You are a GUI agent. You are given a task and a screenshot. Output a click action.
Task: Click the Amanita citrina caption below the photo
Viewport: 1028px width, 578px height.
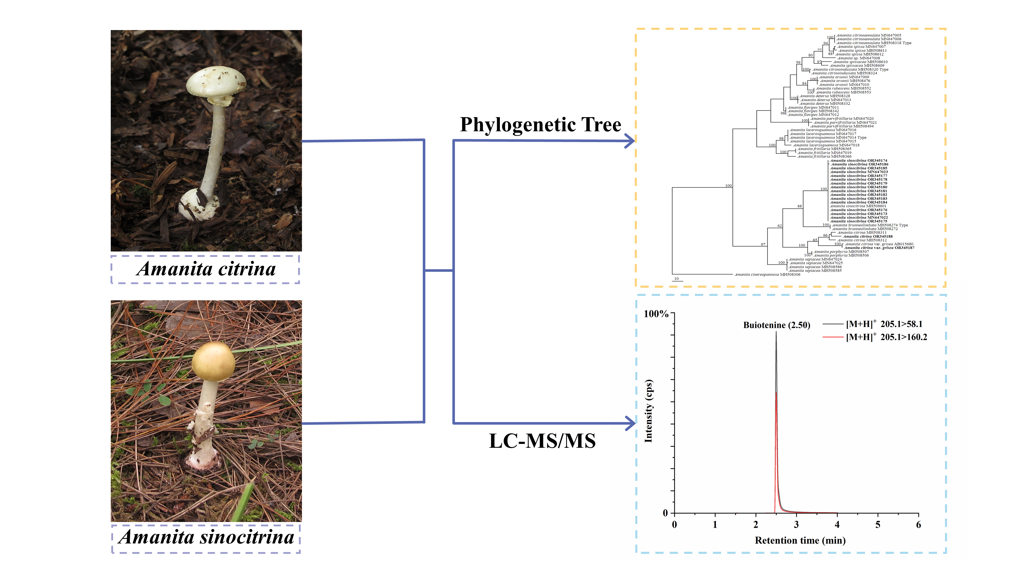coord(206,269)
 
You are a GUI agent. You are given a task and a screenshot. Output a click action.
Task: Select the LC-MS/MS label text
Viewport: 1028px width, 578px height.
coord(542,441)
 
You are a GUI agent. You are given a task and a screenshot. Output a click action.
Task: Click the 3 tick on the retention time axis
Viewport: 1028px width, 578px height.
coord(796,525)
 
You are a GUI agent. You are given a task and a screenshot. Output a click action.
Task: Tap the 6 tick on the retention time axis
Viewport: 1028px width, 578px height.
coord(918,525)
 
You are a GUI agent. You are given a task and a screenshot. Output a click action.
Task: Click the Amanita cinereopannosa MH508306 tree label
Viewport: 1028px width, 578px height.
coord(767,274)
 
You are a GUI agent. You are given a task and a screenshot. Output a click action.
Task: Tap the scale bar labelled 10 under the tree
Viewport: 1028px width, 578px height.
coord(677,281)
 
